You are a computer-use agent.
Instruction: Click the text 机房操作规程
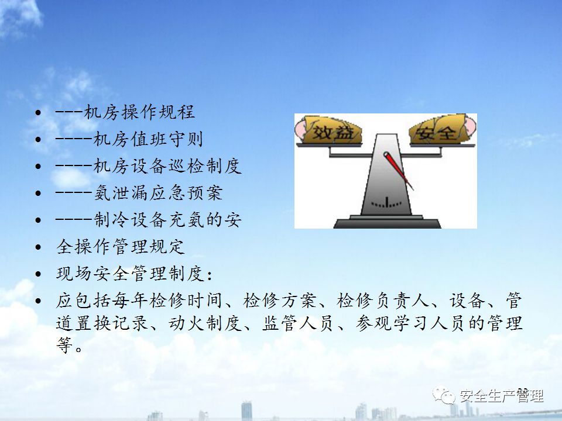coord(140,112)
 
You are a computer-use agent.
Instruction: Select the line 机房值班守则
coord(148,139)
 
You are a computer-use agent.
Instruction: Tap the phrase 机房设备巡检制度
coord(167,166)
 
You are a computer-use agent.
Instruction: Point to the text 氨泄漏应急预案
coord(158,193)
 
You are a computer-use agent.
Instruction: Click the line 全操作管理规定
coord(121,247)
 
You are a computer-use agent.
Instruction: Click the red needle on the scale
coord(398,171)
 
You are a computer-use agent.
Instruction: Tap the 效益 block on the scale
coord(329,130)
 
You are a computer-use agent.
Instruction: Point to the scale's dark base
coord(387,222)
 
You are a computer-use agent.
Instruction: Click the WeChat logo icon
coord(444,395)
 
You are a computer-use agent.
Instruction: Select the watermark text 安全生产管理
coord(502,396)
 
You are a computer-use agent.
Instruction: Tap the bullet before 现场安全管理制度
coord(39,274)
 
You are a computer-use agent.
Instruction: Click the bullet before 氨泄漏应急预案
coord(39,194)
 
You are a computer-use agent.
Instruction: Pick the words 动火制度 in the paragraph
coord(205,323)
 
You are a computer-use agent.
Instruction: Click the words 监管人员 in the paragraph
coord(298,323)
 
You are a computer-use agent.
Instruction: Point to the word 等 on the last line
coord(65,345)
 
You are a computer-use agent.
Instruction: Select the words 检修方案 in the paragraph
coord(280,301)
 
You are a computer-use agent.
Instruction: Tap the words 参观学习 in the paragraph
coord(392,323)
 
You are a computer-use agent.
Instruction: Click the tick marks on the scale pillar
coord(386,203)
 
